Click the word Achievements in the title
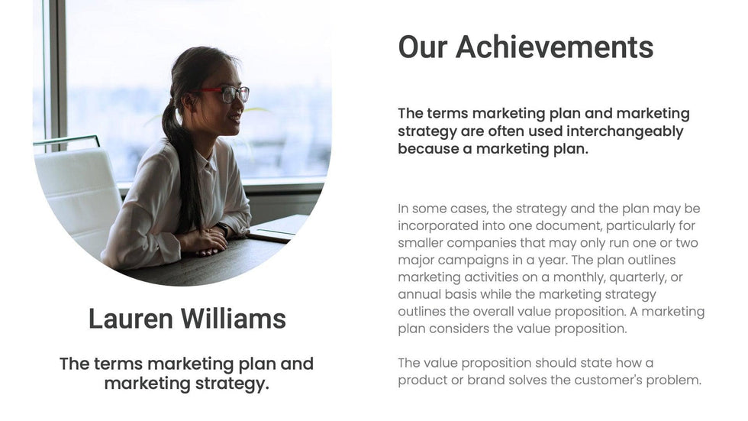pyautogui.click(x=554, y=47)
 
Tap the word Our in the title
pyautogui.click(x=423, y=47)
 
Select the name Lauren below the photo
pyautogui.click(x=131, y=319)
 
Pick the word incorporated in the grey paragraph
pyautogui.click(x=437, y=225)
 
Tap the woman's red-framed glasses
pyautogui.click(x=225, y=92)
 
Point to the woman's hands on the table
pyautogui.click(x=205, y=240)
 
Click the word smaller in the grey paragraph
pyautogui.click(x=421, y=243)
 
